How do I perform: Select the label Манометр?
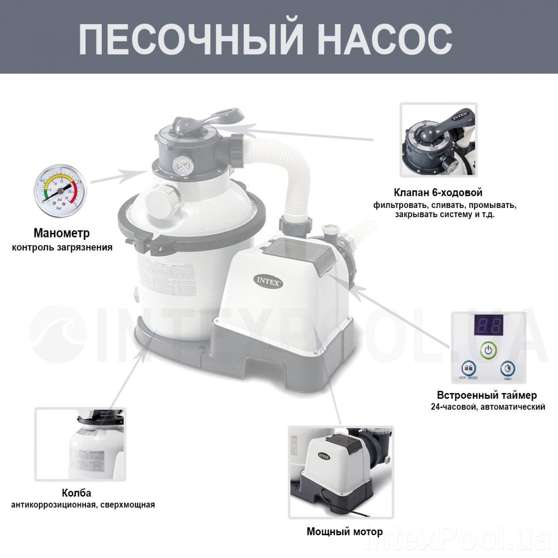[61, 233]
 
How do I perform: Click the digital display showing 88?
[487, 326]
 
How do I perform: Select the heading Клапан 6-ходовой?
[438, 193]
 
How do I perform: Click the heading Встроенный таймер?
[487, 395]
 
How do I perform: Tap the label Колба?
[76, 493]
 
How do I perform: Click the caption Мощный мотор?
[345, 531]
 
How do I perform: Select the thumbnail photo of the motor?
[341, 472]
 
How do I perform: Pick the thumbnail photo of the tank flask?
[80, 444]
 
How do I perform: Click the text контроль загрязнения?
[62, 247]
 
